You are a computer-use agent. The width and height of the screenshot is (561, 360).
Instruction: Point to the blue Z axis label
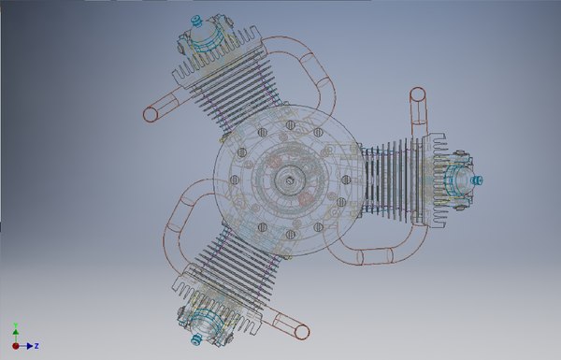click(35, 346)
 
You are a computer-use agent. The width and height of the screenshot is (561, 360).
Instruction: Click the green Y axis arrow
click(15, 329)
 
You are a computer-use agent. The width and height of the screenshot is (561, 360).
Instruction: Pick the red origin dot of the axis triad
click(15, 346)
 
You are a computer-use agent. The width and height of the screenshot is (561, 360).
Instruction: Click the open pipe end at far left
click(149, 116)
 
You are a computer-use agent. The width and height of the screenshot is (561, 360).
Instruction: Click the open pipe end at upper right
click(418, 95)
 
